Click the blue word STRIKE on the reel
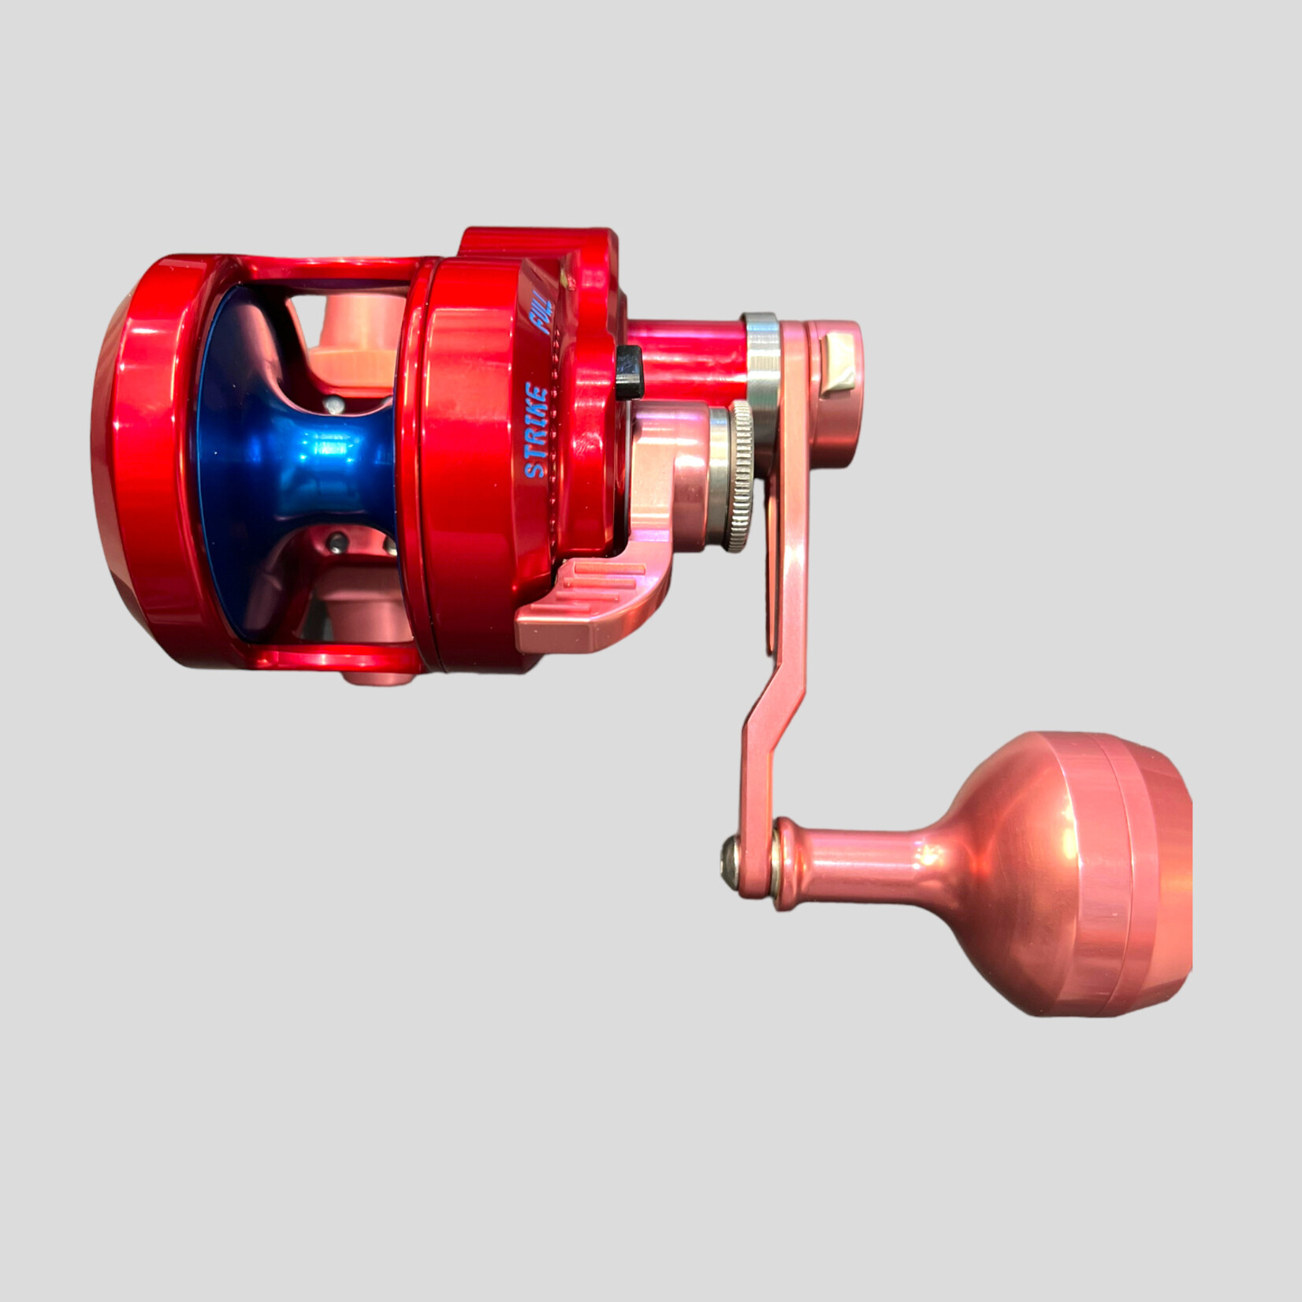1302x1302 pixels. (537, 430)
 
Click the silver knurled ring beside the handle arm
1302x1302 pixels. (738, 476)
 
